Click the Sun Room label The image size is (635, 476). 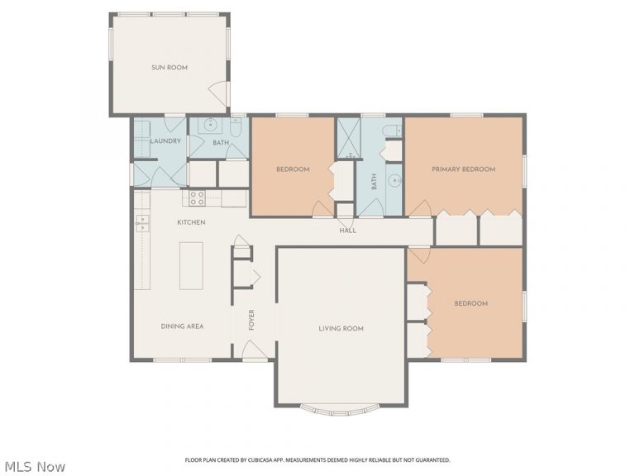coord(169,68)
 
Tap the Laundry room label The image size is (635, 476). coord(165,141)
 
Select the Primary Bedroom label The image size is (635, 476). coord(463,169)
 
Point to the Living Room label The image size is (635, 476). coord(341,328)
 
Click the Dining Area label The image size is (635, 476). coord(182,326)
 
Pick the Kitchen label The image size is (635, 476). coord(191,222)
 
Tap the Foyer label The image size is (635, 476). coord(251,320)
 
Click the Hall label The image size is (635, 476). coord(348,231)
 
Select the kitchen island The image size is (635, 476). coord(191,266)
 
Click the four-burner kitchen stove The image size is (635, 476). coord(198,198)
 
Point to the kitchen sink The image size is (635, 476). coord(141,223)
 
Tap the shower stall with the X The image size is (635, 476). coord(349,138)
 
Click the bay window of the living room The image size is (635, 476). coord(340,410)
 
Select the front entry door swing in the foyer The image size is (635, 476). coord(255,349)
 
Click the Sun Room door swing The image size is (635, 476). coord(218,93)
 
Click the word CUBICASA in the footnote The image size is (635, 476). coord(260,460)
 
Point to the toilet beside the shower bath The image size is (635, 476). coord(392,131)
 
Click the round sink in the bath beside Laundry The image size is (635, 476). coord(211,125)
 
